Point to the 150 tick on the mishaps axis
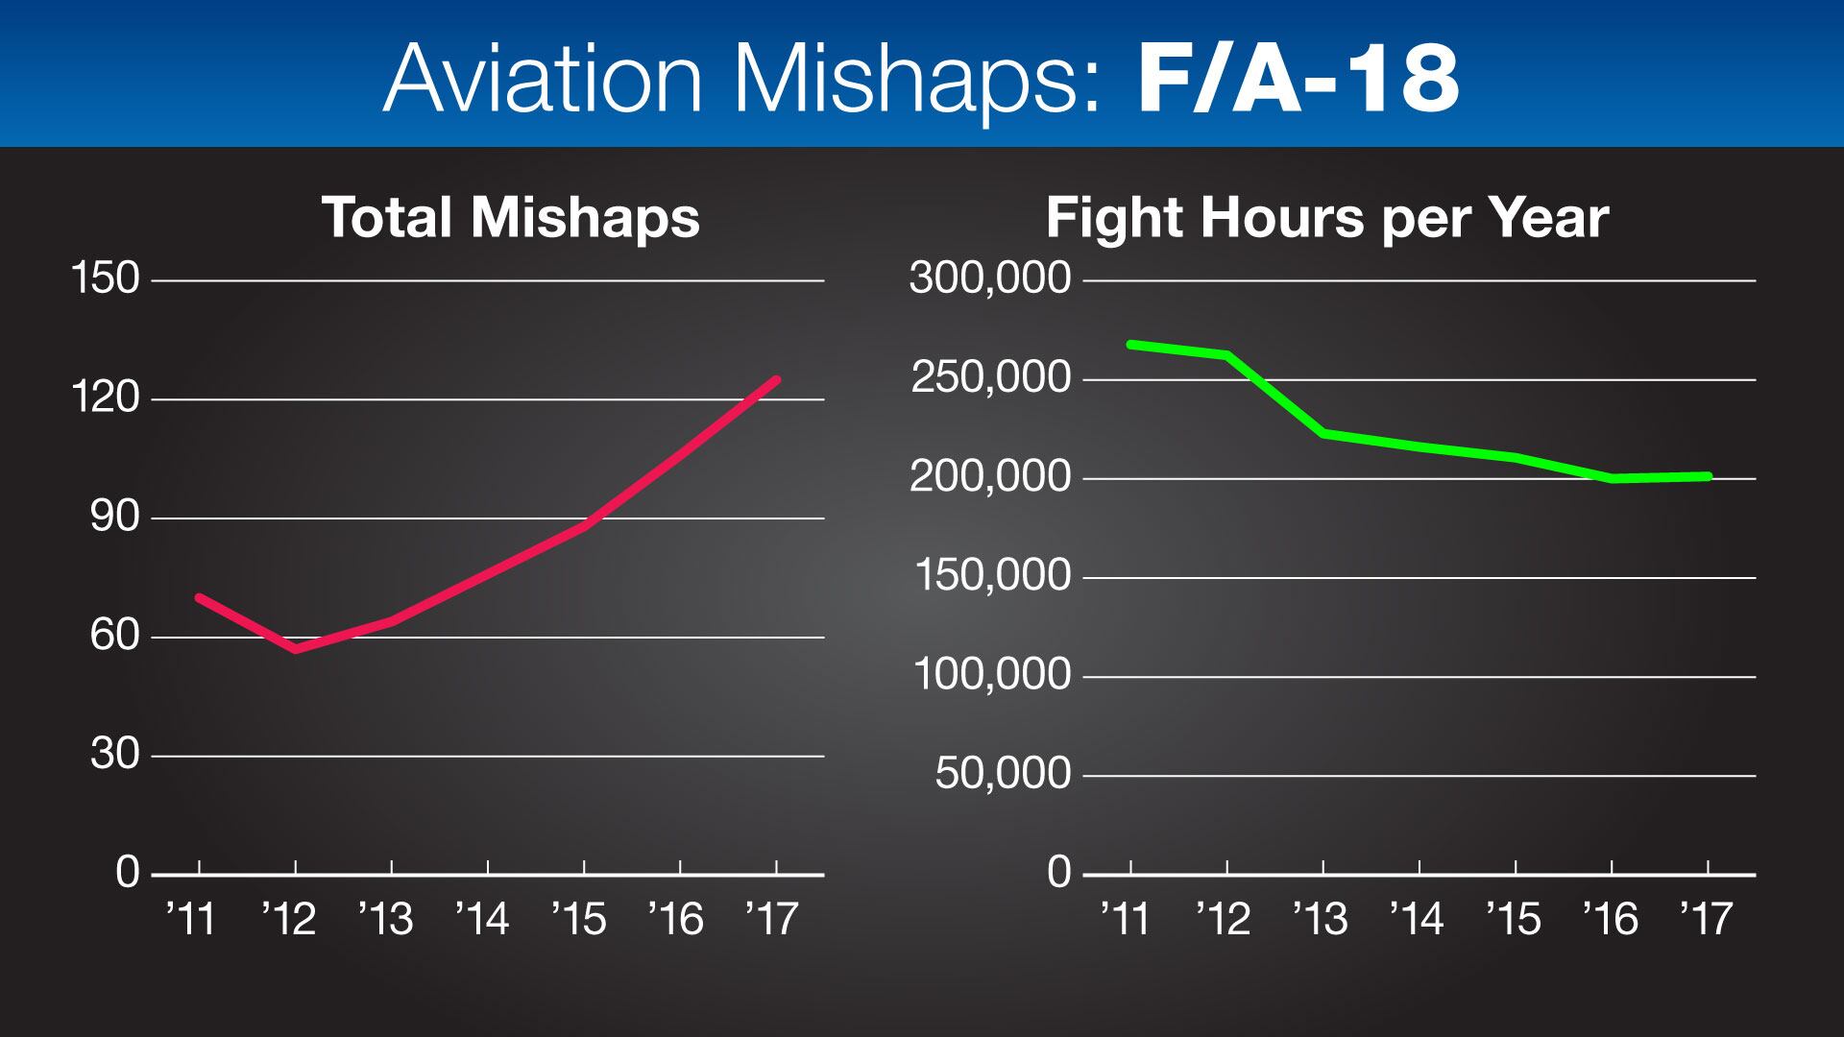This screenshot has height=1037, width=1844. pyautogui.click(x=106, y=279)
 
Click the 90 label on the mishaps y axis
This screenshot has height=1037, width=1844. pyautogui.click(x=115, y=518)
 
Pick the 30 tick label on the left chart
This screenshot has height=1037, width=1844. pyautogui.click(x=115, y=756)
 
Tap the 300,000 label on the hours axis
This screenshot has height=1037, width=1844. pyautogui.click(x=989, y=279)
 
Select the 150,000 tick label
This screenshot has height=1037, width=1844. pyautogui.click(x=992, y=576)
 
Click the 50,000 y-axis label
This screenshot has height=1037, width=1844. pyautogui.click(x=1003, y=774)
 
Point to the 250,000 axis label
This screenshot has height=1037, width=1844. pyautogui.click(x=989, y=378)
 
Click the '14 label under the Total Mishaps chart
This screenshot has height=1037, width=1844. pyautogui.click(x=482, y=920)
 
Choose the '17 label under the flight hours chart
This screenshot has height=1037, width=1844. pyautogui.click(x=1706, y=920)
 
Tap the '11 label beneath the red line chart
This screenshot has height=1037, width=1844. pyautogui.click(x=192, y=920)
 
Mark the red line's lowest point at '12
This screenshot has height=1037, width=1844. pyautogui.click(x=296, y=649)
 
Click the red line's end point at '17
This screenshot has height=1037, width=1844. pyautogui.click(x=776, y=380)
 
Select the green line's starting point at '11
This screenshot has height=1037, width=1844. pyautogui.click(x=1131, y=344)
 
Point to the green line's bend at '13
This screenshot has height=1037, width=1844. pyautogui.click(x=1324, y=434)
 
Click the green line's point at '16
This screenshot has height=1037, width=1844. pyautogui.click(x=1613, y=477)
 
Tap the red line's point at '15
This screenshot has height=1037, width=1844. pyautogui.click(x=584, y=526)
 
